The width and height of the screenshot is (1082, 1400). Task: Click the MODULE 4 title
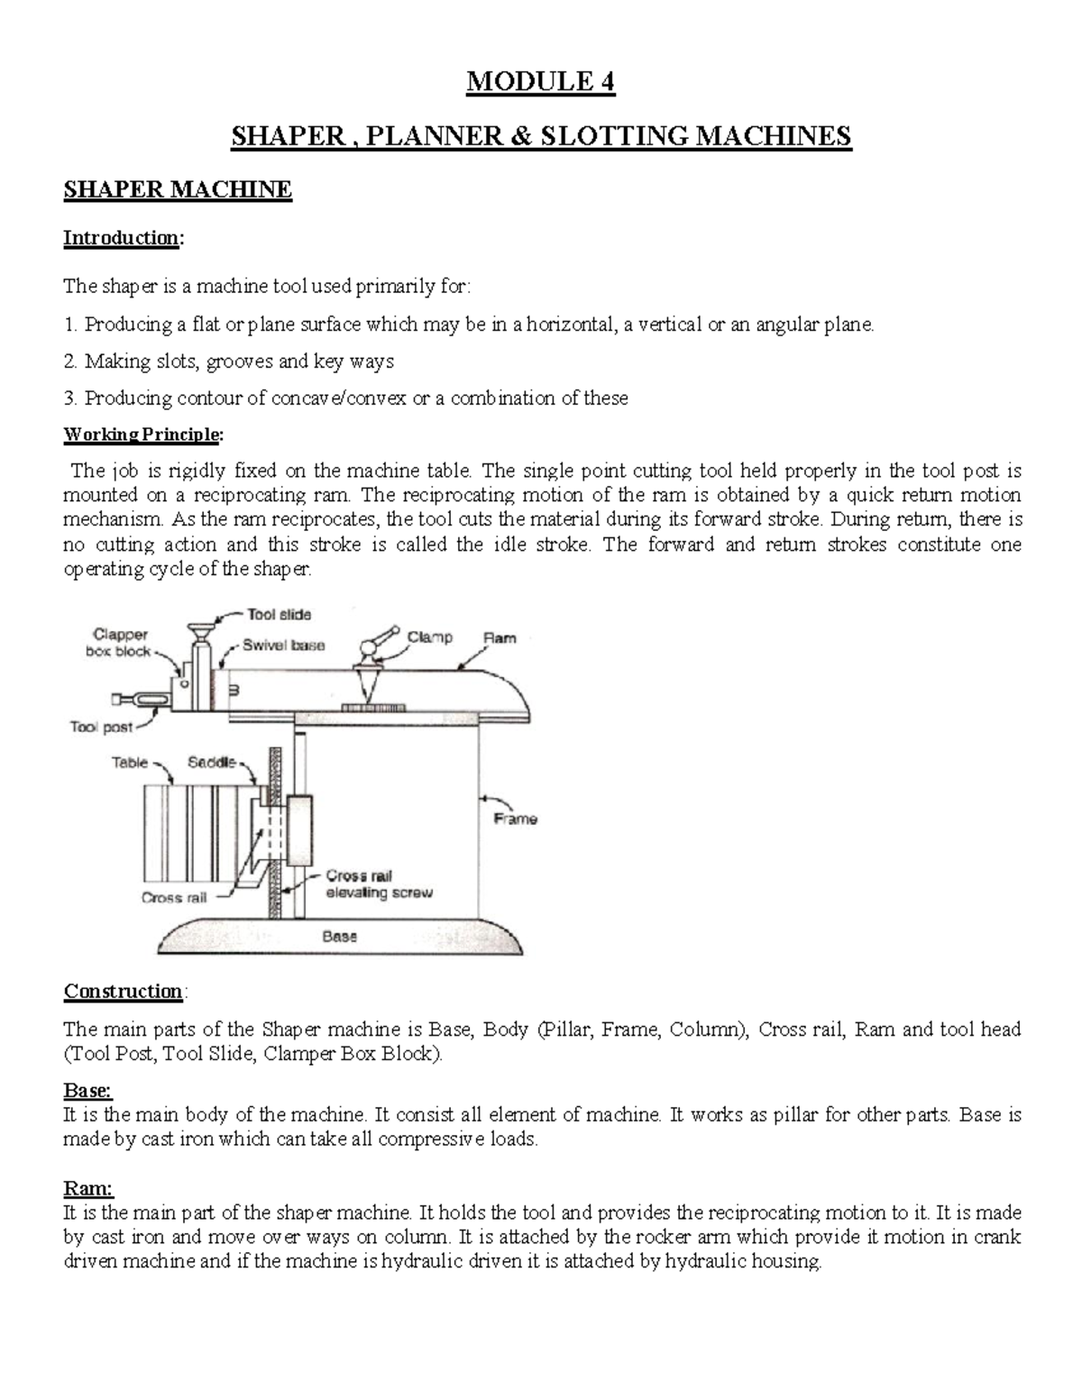coord(540,83)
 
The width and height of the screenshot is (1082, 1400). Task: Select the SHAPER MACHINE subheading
coord(178,190)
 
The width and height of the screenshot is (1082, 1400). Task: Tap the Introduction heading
coord(122,238)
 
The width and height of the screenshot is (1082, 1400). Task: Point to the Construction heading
coord(124,992)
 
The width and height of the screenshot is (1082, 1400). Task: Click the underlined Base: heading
coord(87,1091)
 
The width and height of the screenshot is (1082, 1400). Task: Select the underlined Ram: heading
coord(88,1189)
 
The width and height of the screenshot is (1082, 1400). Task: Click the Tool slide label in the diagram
coord(280,615)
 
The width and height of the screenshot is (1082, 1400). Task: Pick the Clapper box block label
coord(121,643)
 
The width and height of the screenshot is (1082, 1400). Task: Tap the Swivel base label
coord(283,645)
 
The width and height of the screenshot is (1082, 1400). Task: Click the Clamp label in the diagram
coord(429,637)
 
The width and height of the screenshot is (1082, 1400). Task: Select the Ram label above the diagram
coord(500,638)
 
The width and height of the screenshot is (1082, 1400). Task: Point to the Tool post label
coord(101,727)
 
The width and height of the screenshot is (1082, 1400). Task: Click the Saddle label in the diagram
coord(211,763)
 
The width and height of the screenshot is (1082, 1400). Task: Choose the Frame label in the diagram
coord(516,819)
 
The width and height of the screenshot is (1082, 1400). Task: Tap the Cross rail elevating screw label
coord(379,884)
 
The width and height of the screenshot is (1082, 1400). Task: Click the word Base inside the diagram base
coord(340,937)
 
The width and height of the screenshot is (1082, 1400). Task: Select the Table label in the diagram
coord(129,763)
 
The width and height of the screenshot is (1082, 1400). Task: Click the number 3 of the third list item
coord(69,398)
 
